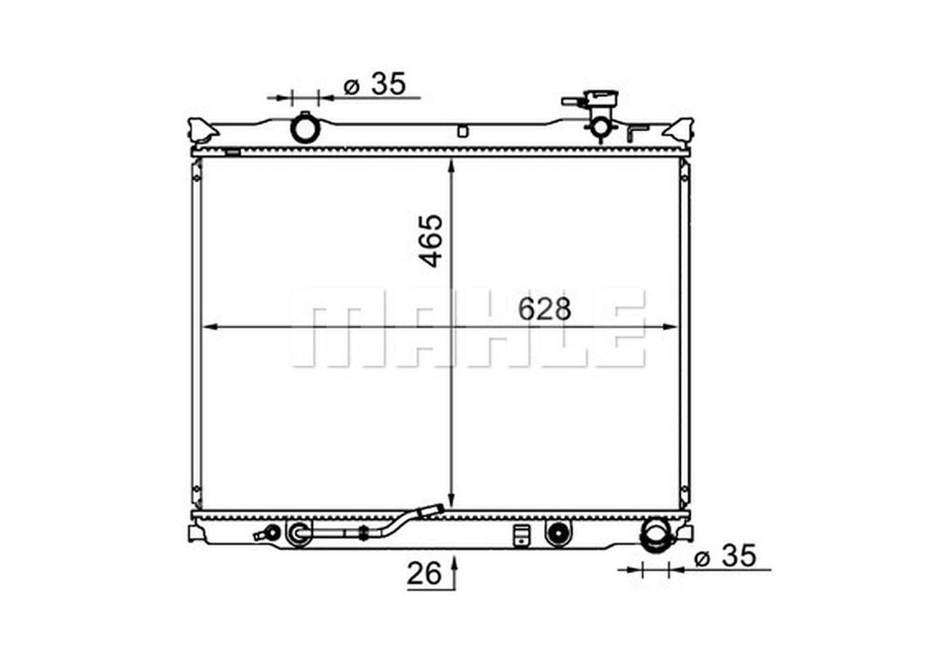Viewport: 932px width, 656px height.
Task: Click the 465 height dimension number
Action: point(432,240)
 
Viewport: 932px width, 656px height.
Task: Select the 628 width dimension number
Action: point(545,310)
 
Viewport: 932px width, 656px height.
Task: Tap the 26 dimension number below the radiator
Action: point(424,574)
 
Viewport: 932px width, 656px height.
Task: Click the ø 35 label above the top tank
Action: point(374,84)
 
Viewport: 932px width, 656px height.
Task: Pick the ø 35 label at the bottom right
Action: point(725,558)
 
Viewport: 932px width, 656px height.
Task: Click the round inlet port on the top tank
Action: point(305,130)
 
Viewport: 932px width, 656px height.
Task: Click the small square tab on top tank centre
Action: point(462,132)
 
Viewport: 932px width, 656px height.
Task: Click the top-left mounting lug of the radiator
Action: point(202,130)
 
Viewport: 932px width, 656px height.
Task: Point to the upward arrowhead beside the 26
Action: point(454,563)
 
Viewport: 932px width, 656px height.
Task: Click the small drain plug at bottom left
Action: point(270,533)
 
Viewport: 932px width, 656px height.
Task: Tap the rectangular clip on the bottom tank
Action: point(521,534)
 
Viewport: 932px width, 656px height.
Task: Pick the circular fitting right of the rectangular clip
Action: point(558,533)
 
